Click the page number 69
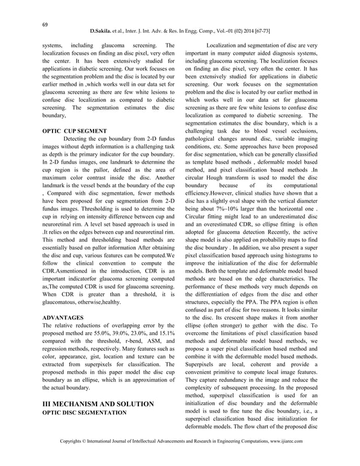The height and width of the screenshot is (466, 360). point(42,23)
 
